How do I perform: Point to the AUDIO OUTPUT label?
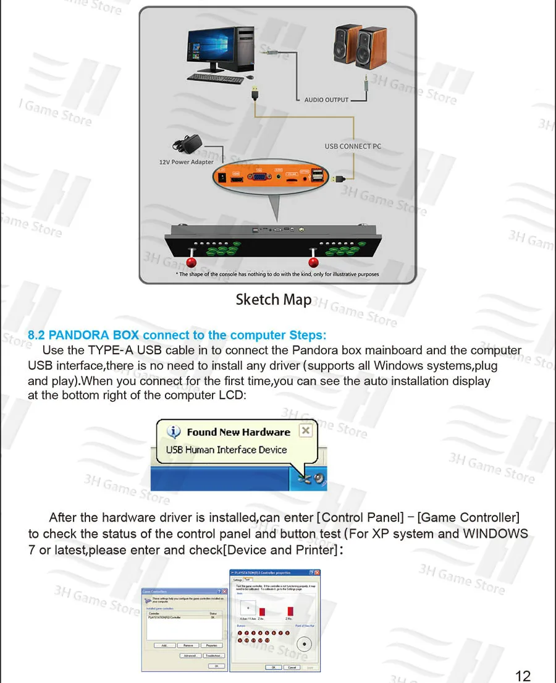pos(326,100)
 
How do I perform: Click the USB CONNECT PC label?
pos(353,146)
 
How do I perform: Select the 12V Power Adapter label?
pos(187,162)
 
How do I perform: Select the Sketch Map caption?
pos(273,300)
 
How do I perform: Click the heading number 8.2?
pos(36,336)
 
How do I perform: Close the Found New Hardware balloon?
pos(305,430)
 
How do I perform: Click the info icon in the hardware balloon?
pos(175,432)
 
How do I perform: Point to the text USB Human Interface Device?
pos(226,450)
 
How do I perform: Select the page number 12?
pos(523,676)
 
